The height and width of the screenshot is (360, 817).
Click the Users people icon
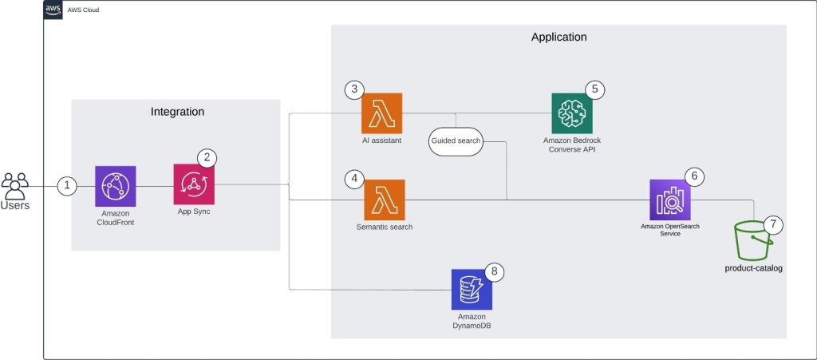pyautogui.click(x=15, y=186)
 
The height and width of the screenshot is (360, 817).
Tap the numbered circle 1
pyautogui.click(x=67, y=186)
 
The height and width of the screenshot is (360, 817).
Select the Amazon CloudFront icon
pyautogui.click(x=115, y=186)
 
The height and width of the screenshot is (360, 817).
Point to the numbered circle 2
pyautogui.click(x=207, y=156)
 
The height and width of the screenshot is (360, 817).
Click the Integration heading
pyautogui.click(x=177, y=113)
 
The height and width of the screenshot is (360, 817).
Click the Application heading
pyautogui.click(x=558, y=38)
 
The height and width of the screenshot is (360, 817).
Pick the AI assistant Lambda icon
pyautogui.click(x=381, y=113)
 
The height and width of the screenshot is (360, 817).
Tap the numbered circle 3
pyautogui.click(x=355, y=89)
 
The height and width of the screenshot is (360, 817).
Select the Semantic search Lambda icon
pyautogui.click(x=384, y=200)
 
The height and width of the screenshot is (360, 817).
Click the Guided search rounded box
pyautogui.click(x=456, y=140)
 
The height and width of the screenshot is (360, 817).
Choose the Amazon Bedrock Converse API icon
pyautogui.click(x=571, y=113)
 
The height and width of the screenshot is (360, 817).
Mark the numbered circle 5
pyautogui.click(x=594, y=89)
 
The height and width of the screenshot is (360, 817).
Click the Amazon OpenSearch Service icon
pyautogui.click(x=669, y=200)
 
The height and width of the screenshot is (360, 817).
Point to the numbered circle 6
pyautogui.click(x=694, y=175)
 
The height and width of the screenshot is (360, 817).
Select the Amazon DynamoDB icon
pyautogui.click(x=471, y=289)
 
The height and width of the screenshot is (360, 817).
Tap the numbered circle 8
pyautogui.click(x=495, y=271)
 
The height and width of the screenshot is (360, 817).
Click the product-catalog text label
pyautogui.click(x=753, y=268)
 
